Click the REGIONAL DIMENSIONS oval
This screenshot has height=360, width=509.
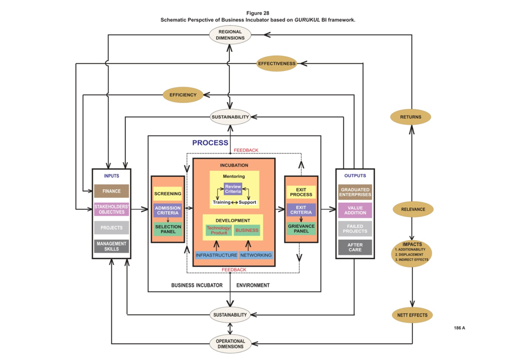coord(230,35)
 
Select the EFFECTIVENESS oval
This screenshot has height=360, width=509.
coord(276,63)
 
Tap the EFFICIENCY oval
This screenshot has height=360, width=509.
coord(183,95)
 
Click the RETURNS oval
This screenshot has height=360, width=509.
coord(411,117)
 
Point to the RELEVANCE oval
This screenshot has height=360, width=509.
coord(413,209)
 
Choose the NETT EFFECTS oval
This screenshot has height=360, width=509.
coord(412,315)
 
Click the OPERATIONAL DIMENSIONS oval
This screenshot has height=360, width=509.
coord(230,344)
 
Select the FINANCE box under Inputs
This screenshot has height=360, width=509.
coord(112,191)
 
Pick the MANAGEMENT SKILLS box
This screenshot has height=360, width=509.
coord(112,247)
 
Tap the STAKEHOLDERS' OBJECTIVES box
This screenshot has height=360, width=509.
coord(112,209)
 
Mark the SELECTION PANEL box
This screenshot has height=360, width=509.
coord(168,229)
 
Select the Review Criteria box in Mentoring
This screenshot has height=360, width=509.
coord(233,189)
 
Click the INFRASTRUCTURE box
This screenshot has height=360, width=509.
coord(216,255)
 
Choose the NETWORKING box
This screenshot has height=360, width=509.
coord(256,255)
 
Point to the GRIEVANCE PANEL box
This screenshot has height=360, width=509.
coord(301,229)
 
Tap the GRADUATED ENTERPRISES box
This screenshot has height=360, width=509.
coord(355,192)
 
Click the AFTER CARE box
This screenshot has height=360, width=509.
coord(355,247)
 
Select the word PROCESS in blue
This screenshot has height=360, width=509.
coord(210,143)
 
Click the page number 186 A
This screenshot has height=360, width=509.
coord(459,328)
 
